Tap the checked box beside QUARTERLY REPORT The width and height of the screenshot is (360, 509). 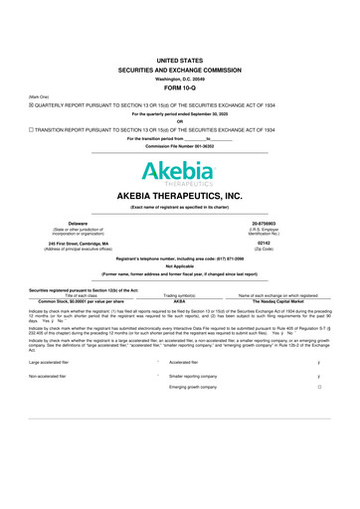pos(31,103)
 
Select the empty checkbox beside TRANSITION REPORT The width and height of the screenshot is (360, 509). pos(31,129)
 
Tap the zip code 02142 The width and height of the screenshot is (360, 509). pos(291,243)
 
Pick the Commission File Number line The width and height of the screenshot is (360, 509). pos(179,147)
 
